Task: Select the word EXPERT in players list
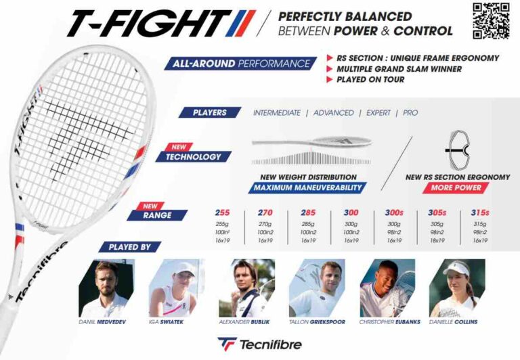pos(378,112)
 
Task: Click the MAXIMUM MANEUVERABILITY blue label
pos(307,187)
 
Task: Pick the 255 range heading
pos(221,212)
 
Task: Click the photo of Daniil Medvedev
pos(102,288)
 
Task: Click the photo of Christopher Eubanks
pos(387,288)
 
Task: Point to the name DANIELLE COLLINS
pos(453,321)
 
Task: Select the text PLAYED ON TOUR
pos(370,80)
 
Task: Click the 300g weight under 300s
pos(393,224)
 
